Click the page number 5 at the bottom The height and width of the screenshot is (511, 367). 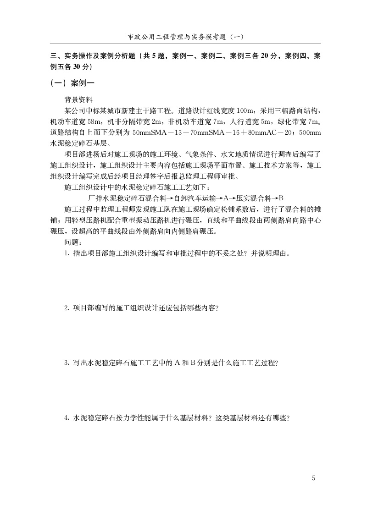pos(313,478)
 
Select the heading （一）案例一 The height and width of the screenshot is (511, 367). pos(72,83)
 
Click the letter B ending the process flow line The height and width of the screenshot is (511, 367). pos(281,198)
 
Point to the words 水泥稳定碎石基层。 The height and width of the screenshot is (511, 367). pos(80,144)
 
